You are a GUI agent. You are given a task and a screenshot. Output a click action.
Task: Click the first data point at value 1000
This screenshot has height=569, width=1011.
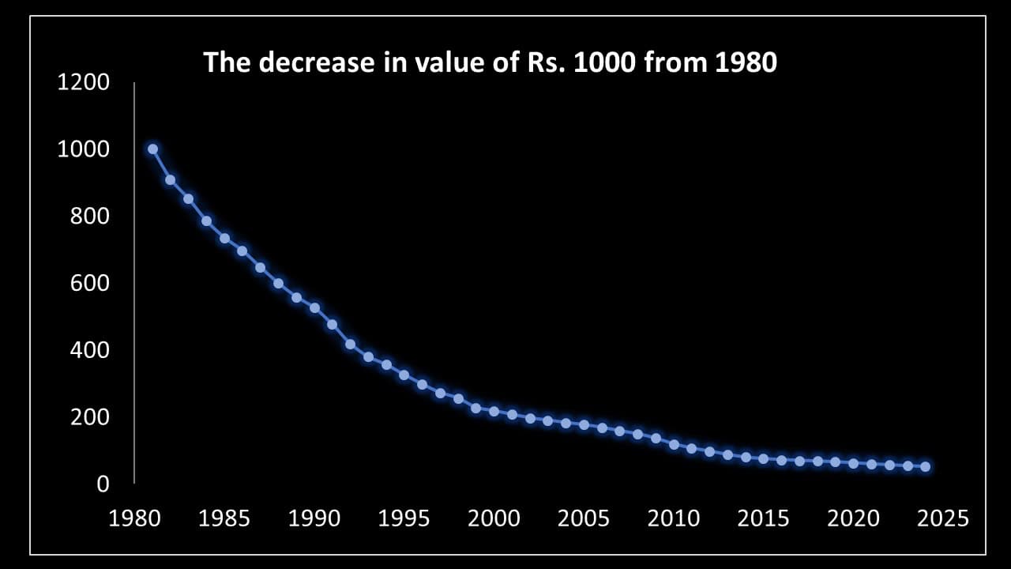[152, 149]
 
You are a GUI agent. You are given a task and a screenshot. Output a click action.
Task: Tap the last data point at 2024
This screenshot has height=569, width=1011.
[925, 467]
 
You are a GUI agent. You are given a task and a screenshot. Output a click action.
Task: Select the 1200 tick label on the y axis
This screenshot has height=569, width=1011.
[83, 82]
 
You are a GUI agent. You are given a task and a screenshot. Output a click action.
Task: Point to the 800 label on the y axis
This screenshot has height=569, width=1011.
[89, 216]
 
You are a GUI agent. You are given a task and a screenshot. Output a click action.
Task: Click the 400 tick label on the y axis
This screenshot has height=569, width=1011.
[89, 349]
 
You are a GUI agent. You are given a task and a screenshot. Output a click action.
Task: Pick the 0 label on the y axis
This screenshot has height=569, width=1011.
[102, 484]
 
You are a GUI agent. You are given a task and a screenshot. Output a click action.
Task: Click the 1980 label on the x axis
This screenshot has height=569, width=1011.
[134, 518]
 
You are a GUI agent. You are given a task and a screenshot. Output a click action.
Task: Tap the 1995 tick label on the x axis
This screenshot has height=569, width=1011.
[404, 518]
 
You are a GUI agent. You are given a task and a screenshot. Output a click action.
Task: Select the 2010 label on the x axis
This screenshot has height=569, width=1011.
[674, 518]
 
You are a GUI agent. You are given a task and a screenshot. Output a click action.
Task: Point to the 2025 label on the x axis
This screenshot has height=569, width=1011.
[943, 518]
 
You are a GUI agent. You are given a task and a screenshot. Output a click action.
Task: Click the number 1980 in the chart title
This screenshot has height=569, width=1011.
[746, 62]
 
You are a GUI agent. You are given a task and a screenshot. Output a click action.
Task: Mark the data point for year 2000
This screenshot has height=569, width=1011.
[494, 411]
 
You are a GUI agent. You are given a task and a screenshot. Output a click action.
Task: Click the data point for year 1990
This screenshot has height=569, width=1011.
[314, 307]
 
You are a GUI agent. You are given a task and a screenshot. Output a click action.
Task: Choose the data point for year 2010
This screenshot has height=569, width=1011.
[674, 444]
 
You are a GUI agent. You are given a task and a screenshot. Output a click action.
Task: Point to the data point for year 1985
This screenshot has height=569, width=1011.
[224, 238]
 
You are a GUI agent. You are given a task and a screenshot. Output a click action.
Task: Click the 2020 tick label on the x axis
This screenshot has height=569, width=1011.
[853, 518]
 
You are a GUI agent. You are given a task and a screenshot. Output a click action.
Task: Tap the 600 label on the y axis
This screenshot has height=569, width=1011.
[89, 283]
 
